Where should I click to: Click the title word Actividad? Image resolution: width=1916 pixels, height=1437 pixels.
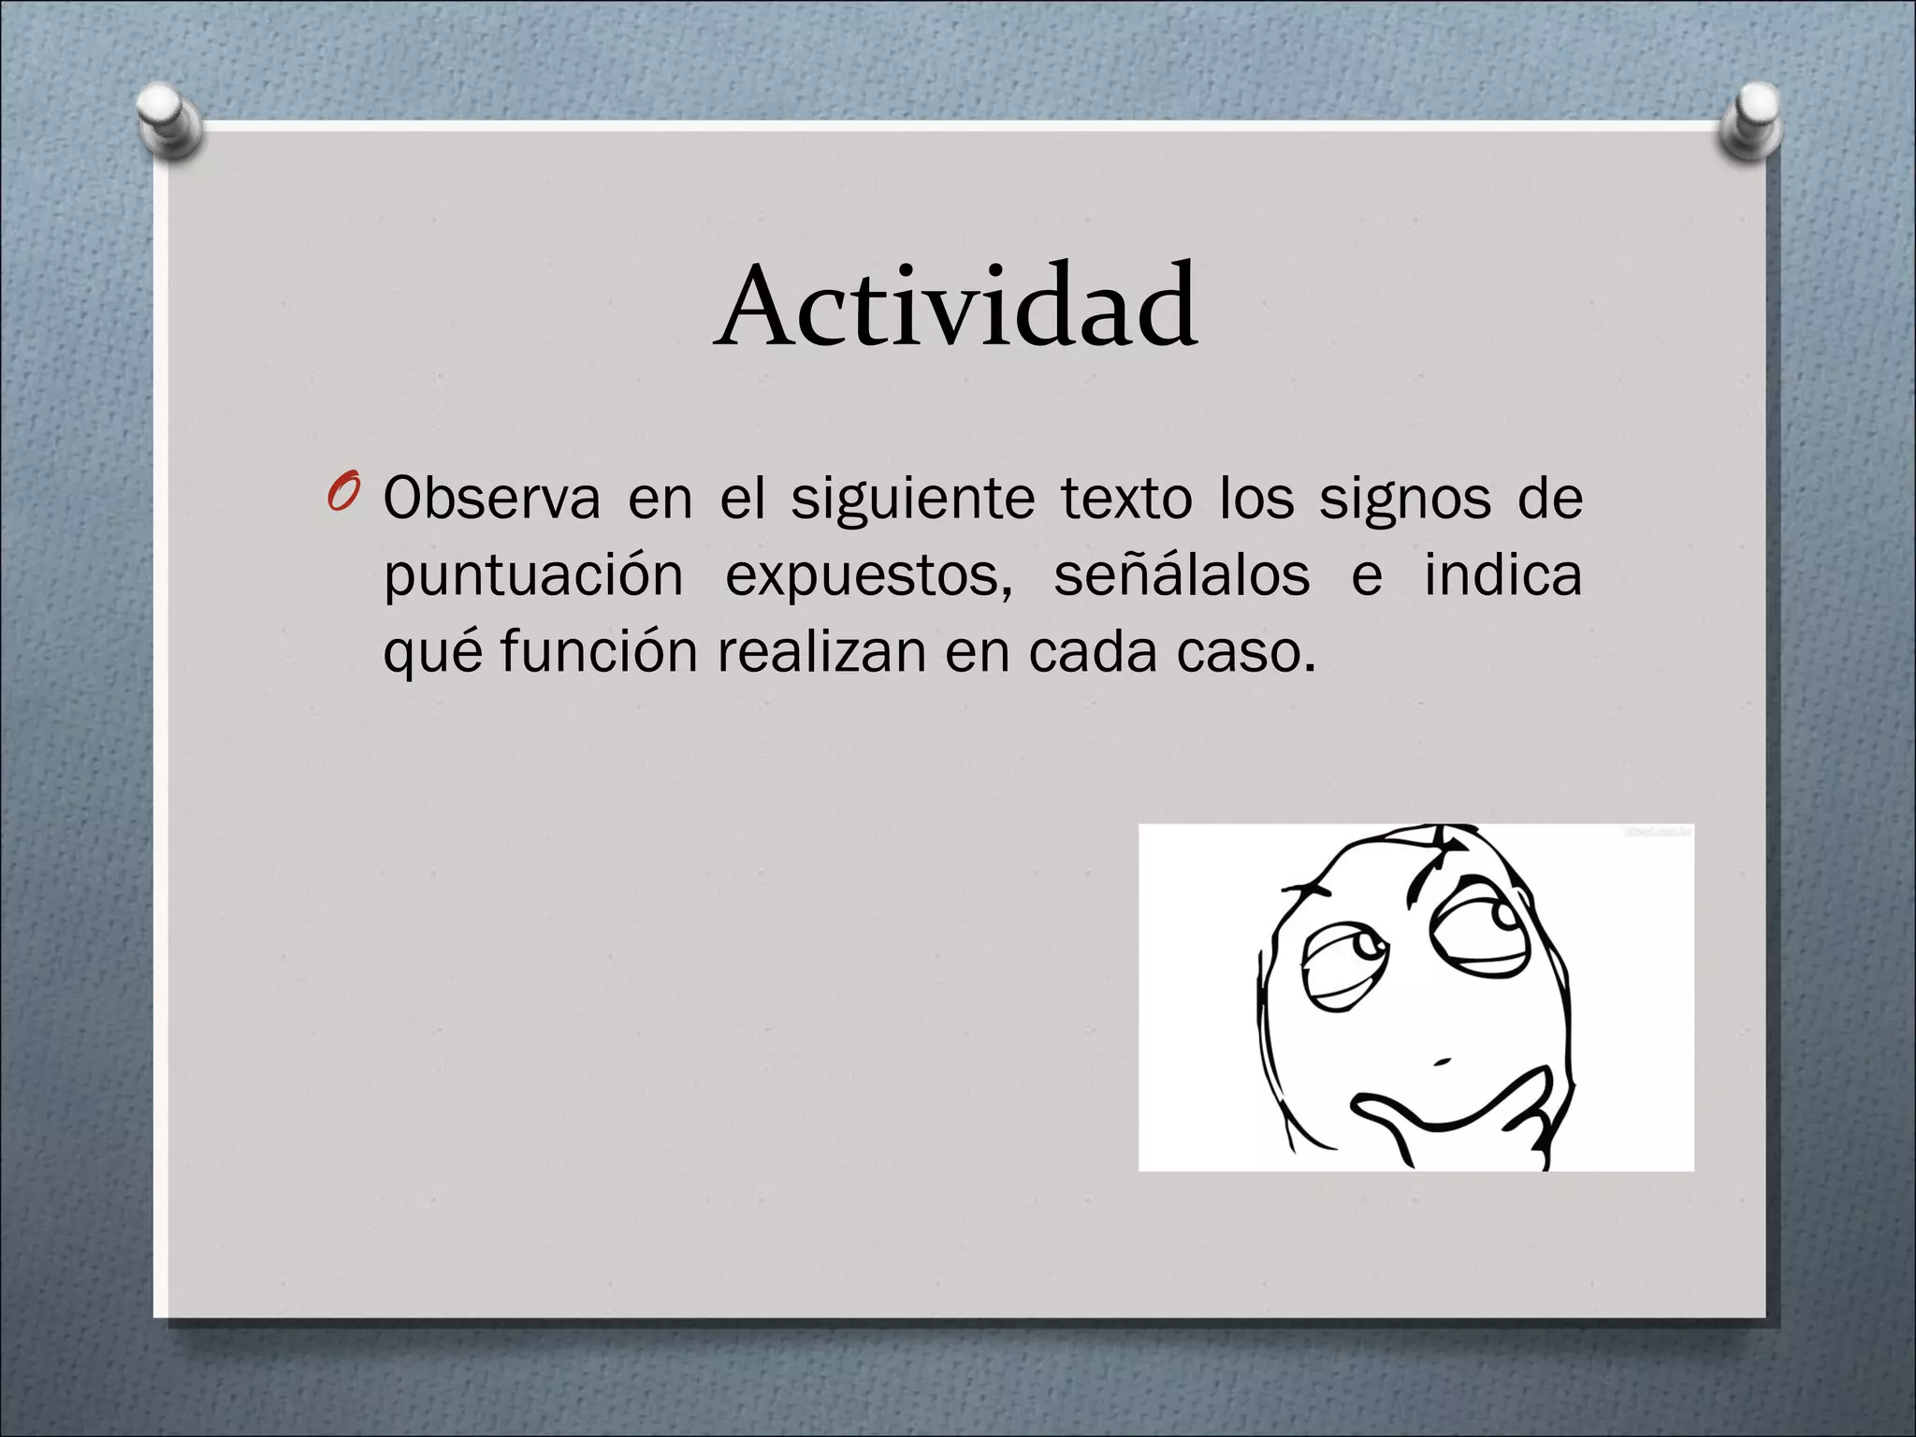click(x=956, y=307)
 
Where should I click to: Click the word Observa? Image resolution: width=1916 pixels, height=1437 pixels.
click(x=491, y=499)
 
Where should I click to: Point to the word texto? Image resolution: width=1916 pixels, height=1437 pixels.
click(x=1126, y=499)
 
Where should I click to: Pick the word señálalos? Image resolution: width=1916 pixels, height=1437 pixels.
click(x=1181, y=574)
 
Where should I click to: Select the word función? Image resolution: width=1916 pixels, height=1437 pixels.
click(x=599, y=651)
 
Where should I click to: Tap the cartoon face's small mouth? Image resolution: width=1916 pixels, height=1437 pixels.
click(x=1442, y=1061)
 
